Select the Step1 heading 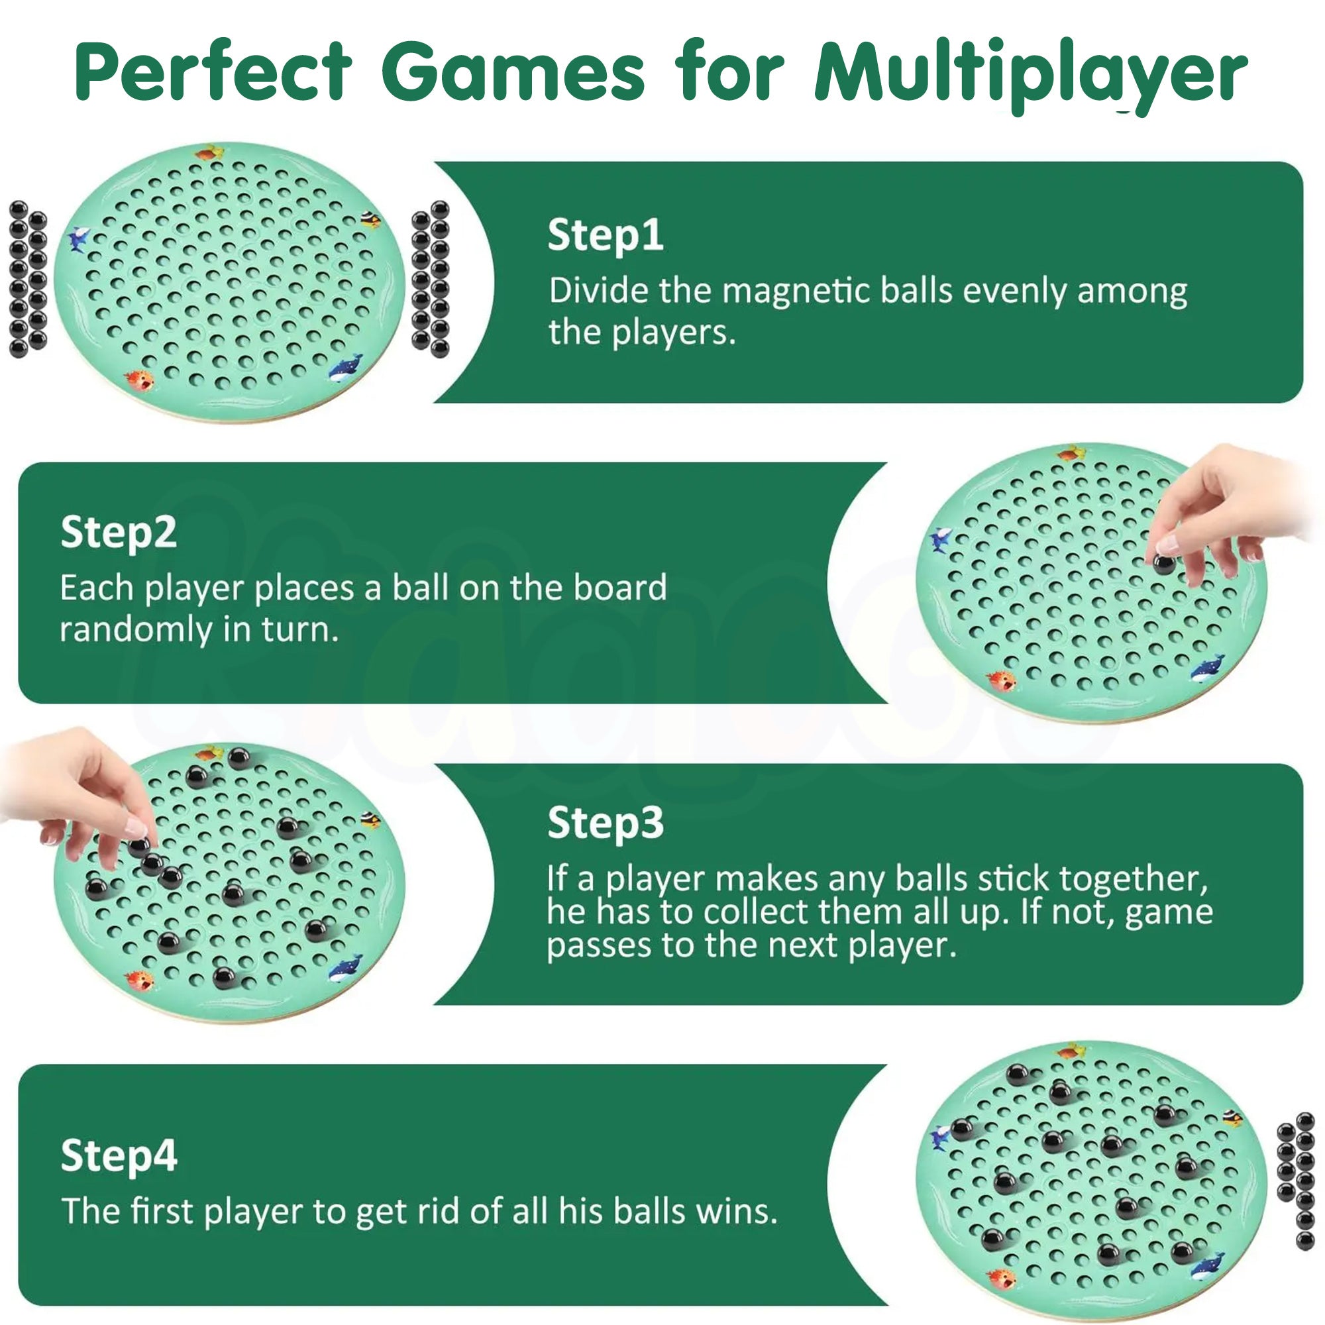[605, 235]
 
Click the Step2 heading [119, 533]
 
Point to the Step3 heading [605, 823]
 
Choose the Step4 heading [119, 1155]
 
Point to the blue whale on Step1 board [345, 369]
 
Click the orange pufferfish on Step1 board [139, 379]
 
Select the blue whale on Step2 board [1208, 668]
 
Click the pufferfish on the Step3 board [139, 979]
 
